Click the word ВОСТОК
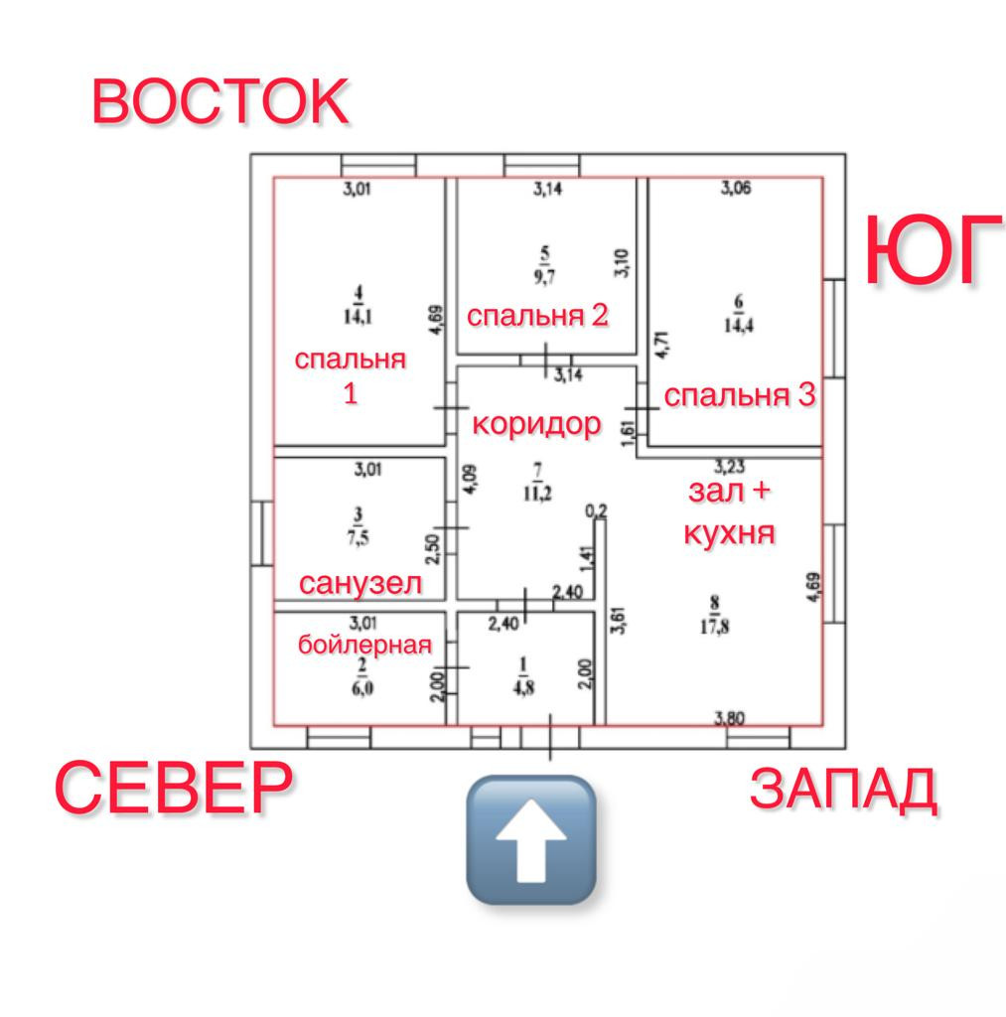(220, 101)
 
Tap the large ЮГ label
(933, 250)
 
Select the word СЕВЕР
(174, 786)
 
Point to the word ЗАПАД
(843, 790)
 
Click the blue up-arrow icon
(531, 839)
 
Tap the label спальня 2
(537, 316)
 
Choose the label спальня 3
(740, 395)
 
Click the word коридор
(536, 424)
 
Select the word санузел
(360, 584)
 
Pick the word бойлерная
(365, 645)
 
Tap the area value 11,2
(537, 497)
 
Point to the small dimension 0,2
(596, 510)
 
